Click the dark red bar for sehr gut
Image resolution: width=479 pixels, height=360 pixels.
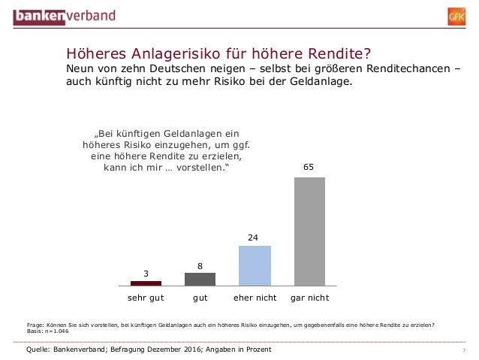(146, 283)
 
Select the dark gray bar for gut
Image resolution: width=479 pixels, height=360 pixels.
(200, 279)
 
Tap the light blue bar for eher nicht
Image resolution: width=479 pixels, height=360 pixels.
(255, 265)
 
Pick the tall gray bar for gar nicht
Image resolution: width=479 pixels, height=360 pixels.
(309, 231)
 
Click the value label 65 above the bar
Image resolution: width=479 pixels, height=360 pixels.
(309, 168)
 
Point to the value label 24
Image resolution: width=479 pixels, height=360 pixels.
(254, 237)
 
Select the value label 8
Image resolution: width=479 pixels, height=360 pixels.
(200, 265)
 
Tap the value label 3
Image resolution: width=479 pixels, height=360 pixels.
(146, 273)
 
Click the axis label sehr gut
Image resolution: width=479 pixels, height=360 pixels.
(146, 298)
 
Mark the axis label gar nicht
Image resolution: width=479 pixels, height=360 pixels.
(309, 298)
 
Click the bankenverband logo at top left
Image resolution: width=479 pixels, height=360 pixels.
(58, 14)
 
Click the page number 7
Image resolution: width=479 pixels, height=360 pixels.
(464, 352)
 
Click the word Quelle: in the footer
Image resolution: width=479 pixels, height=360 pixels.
(39, 350)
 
